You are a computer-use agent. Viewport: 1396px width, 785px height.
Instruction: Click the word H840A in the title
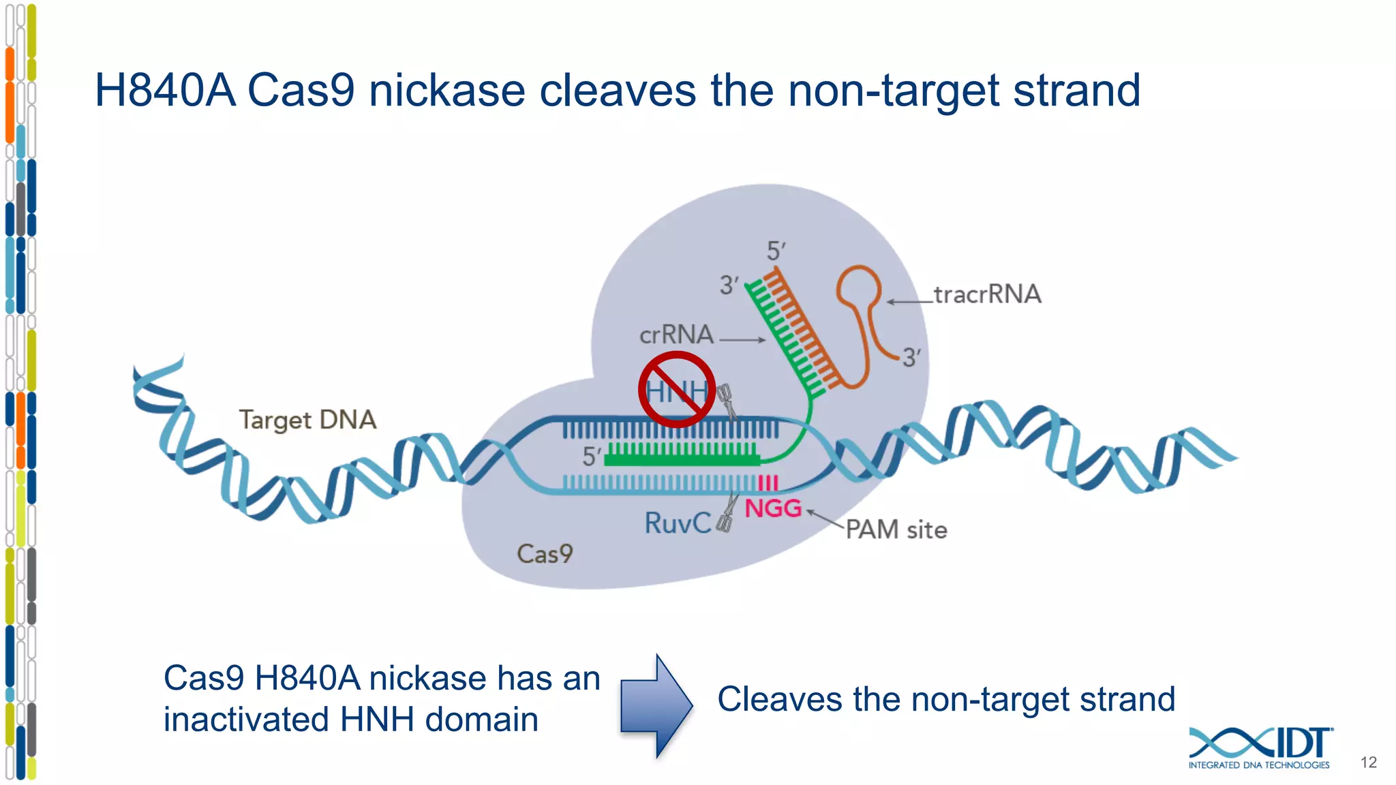[165, 91]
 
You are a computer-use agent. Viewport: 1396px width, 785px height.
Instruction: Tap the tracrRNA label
[987, 294]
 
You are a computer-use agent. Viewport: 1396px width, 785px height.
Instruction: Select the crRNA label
[676, 335]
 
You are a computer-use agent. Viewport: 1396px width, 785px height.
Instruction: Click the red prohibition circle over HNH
[677, 390]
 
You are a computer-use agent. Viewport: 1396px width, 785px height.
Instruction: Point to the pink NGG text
[773, 508]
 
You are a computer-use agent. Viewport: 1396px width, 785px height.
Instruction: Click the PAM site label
[896, 529]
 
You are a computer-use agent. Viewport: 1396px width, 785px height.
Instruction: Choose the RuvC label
[678, 523]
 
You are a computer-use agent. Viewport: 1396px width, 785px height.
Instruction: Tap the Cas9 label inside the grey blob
[545, 554]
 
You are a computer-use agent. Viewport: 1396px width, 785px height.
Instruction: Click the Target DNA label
[307, 420]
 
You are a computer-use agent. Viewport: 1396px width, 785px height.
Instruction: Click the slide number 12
[1368, 763]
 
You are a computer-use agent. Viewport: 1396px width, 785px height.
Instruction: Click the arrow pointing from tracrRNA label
[909, 301]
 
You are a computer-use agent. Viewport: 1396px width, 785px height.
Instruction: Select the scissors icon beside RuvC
[728, 512]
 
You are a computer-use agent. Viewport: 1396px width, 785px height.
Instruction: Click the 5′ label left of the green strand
[591, 456]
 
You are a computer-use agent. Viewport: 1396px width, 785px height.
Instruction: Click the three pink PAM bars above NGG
[768, 483]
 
